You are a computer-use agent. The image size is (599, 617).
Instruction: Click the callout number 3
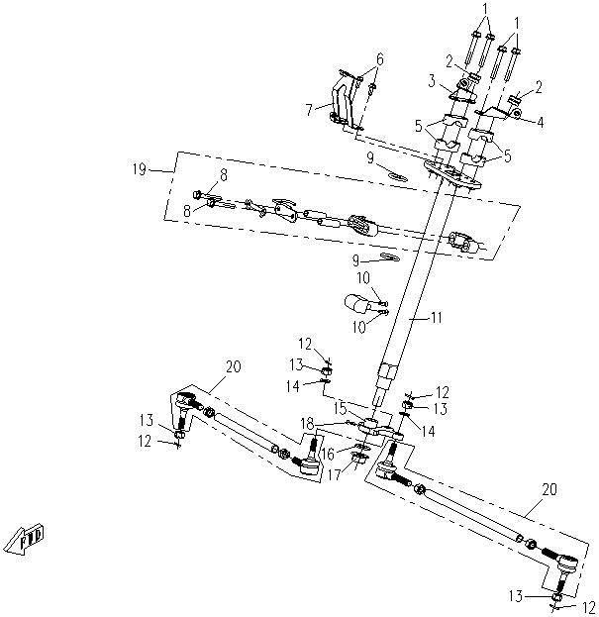[x=433, y=78]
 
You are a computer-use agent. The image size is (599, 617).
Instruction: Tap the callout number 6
[x=379, y=59]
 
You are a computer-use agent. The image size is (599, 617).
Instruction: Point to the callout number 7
[x=310, y=107]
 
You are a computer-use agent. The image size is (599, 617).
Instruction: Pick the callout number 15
[x=340, y=407]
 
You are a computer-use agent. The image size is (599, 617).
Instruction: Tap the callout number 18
[x=307, y=423]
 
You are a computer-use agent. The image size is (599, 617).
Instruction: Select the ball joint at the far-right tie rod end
[x=568, y=566]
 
